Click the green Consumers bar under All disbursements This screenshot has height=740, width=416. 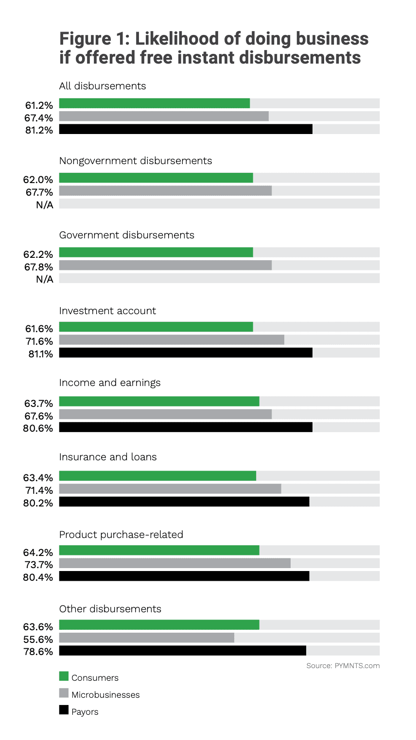[154, 103]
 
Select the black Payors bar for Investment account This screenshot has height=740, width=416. [186, 353]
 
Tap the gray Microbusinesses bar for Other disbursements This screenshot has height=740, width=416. [146, 638]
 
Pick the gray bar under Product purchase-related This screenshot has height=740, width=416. [174, 563]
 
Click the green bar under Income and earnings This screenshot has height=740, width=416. [159, 402]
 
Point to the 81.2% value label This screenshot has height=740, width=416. [39, 130]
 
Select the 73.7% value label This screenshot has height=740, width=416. [39, 565]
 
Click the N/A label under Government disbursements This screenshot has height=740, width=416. [44, 279]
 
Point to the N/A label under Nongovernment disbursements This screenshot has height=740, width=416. [44, 205]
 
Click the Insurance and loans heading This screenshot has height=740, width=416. [108, 457]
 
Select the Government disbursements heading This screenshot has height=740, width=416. [126, 235]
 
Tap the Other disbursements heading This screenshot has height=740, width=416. [110, 609]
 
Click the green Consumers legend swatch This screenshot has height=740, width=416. [64, 676]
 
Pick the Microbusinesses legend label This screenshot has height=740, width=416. [105, 695]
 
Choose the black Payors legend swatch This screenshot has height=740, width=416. [64, 710]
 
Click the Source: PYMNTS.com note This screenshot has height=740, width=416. [343, 666]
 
